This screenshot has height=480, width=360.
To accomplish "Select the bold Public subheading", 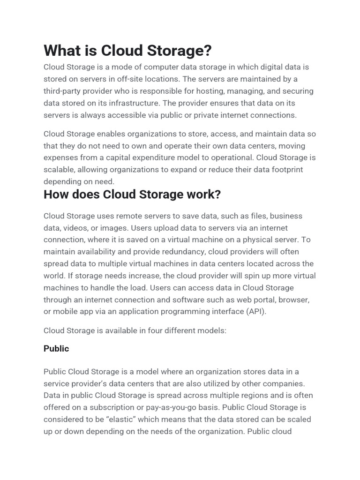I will pyautogui.click(x=56, y=349).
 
